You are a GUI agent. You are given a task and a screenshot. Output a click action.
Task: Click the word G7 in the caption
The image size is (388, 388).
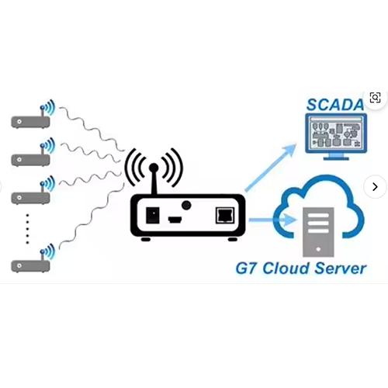[248, 270]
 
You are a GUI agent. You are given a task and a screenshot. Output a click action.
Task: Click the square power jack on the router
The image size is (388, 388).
[154, 214]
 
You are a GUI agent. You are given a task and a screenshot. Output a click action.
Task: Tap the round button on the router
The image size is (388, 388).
[186, 206]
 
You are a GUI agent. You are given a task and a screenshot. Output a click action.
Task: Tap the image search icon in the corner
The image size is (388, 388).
[375, 98]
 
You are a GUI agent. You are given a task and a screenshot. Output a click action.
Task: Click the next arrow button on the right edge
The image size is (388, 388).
[375, 186]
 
